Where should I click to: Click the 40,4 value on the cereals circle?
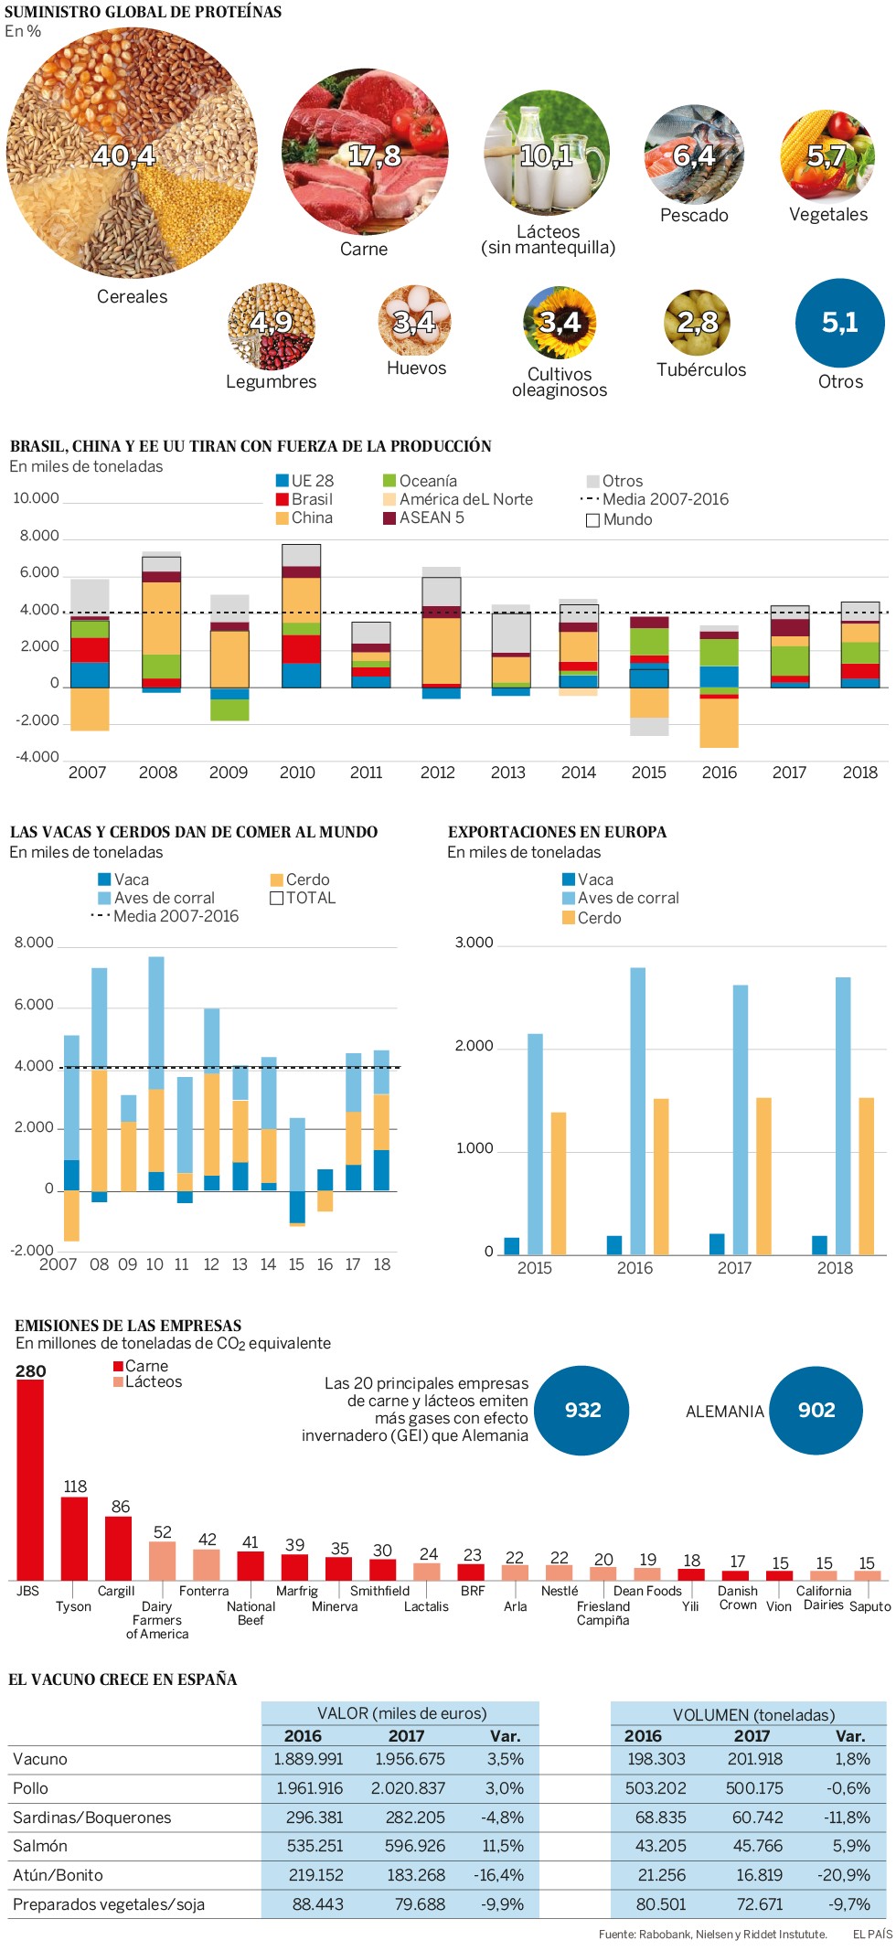(x=124, y=156)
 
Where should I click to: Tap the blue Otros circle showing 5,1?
(x=839, y=323)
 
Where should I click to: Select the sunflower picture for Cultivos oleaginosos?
(x=560, y=323)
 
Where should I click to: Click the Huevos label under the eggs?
(x=416, y=368)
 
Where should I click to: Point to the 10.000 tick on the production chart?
(x=36, y=498)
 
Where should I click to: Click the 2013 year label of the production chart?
(x=507, y=773)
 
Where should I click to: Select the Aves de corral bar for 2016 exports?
(x=637, y=1110)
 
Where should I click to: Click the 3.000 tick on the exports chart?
(x=474, y=943)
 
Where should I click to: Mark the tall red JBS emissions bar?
(x=30, y=1479)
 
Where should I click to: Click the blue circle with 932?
(x=582, y=1410)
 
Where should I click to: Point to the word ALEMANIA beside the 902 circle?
(x=724, y=1412)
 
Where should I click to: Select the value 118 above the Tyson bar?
(x=75, y=1487)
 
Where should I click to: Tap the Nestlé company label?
(x=559, y=1591)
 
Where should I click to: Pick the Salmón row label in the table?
(x=39, y=1846)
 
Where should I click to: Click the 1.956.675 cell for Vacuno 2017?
(x=410, y=1759)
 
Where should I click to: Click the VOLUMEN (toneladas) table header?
(x=753, y=1715)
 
